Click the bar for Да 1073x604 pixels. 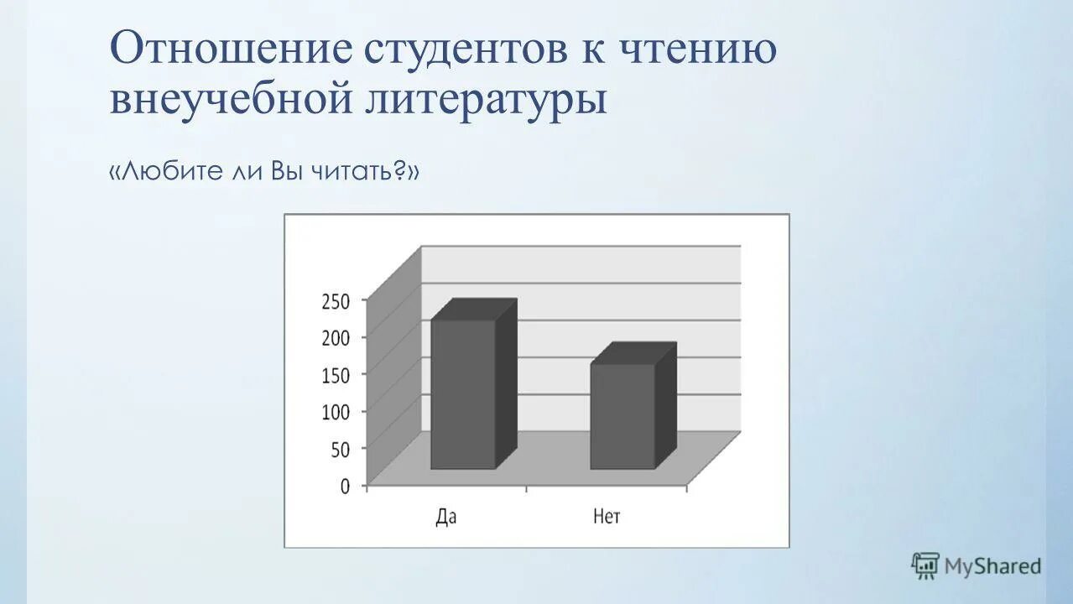[463, 394]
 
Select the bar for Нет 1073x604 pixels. [622, 416]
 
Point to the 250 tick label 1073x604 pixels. [336, 300]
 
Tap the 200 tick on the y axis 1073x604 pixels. [336, 337]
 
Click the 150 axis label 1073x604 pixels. [336, 375]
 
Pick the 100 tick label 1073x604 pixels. [336, 412]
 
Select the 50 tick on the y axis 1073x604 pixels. [340, 450]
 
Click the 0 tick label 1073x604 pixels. [345, 487]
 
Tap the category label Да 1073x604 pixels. [446, 517]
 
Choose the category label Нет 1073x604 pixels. [607, 517]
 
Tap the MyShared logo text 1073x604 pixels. [993, 566]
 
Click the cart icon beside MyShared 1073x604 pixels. [925, 565]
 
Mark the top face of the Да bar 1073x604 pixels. [474, 310]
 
